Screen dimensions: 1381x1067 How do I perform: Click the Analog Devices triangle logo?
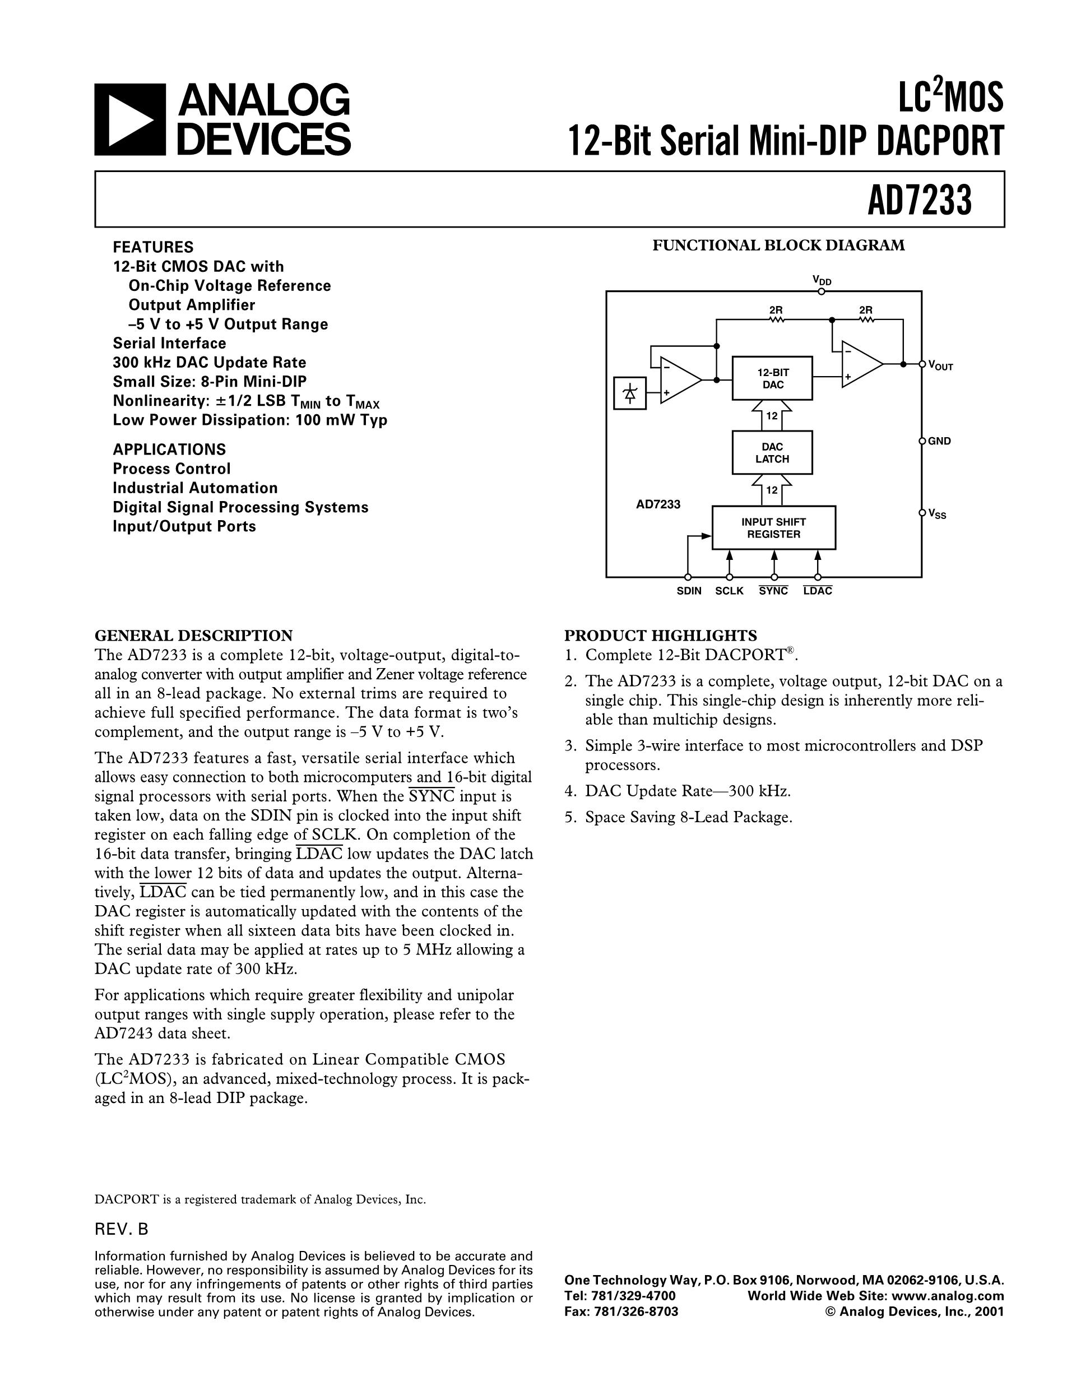click(x=130, y=119)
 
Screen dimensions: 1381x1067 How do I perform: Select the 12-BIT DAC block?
click(x=772, y=378)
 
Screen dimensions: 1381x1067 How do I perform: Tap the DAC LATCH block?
click(x=772, y=453)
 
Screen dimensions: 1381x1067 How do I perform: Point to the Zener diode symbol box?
click(x=629, y=393)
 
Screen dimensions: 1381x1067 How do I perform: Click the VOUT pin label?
click(x=940, y=365)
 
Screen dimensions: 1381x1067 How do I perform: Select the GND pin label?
click(x=939, y=441)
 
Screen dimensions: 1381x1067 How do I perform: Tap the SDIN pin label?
click(x=688, y=591)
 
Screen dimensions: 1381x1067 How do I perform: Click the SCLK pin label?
click(x=730, y=591)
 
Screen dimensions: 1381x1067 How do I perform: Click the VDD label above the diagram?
click(x=821, y=280)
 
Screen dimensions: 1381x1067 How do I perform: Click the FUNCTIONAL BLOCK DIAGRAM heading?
click(x=778, y=245)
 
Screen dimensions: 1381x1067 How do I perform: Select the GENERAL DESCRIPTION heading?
click(x=193, y=635)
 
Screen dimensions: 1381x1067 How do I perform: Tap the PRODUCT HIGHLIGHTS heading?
click(x=660, y=635)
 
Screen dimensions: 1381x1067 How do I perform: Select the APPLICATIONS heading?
click(x=169, y=449)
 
